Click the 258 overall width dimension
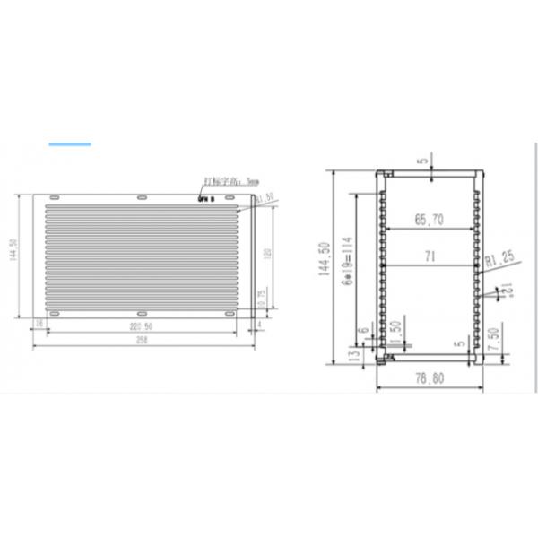coord(140,342)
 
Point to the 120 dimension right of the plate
coord(266,254)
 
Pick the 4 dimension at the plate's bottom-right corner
coord(258,325)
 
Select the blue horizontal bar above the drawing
coord(70,143)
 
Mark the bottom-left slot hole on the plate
coord(54,314)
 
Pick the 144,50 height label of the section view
coord(325,261)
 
